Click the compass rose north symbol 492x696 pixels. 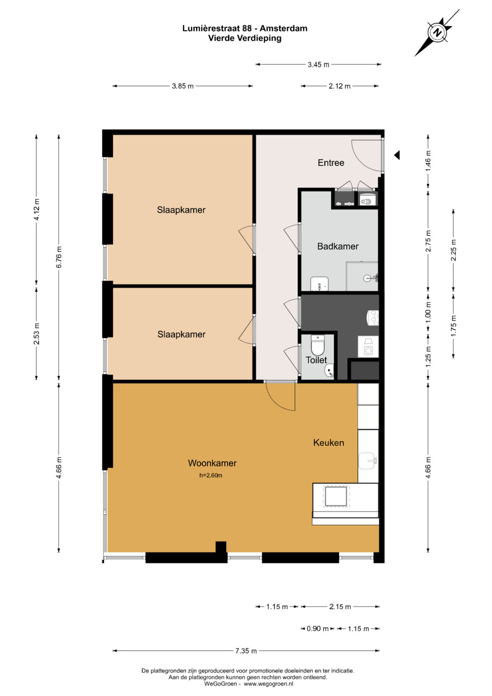[x=437, y=32]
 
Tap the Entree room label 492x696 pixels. [x=331, y=163]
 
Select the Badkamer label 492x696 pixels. [x=338, y=247]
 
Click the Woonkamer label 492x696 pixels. [x=212, y=463]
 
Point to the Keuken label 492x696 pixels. [x=328, y=443]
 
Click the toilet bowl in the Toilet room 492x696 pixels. [x=318, y=345]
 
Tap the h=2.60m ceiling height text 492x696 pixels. [x=210, y=475]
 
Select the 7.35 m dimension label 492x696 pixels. [x=246, y=650]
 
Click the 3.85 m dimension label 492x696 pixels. [x=183, y=86]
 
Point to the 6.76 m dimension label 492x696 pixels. [x=59, y=257]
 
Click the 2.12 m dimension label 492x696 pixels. [x=339, y=86]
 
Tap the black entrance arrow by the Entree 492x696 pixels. [x=397, y=155]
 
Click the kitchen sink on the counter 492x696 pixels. [x=368, y=461]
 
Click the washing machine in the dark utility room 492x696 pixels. [x=368, y=346]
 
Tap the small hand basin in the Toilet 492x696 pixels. [x=329, y=371]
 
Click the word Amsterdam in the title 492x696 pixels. [x=283, y=28]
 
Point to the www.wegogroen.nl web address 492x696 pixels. [x=268, y=684]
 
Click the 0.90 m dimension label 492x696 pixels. [x=318, y=629]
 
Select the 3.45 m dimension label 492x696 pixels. [x=318, y=65]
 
